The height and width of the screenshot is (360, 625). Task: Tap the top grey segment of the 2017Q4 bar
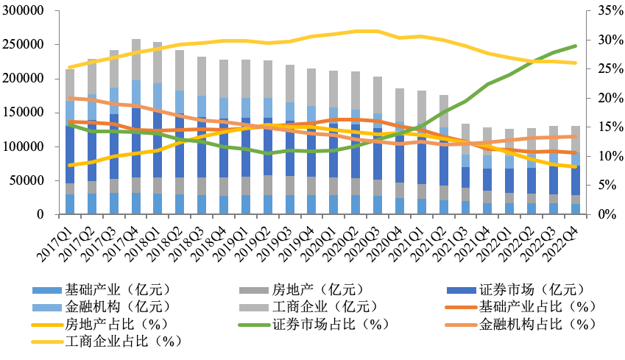click(x=136, y=59)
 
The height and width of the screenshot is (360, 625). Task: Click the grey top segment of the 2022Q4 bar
click(x=576, y=138)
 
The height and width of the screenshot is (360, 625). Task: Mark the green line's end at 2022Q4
click(x=576, y=46)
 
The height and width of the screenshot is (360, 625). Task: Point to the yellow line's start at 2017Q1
click(x=70, y=67)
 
